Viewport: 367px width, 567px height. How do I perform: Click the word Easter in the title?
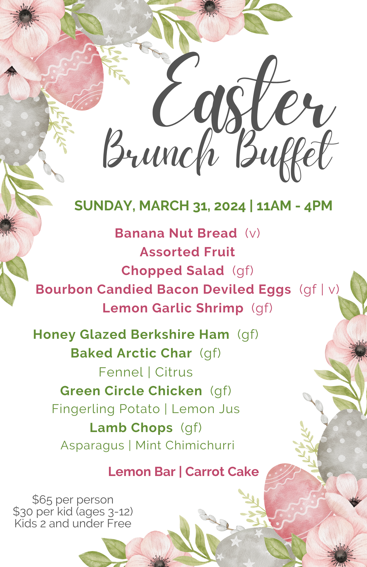tap(244, 94)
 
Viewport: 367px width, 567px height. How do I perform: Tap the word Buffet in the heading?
tap(286, 156)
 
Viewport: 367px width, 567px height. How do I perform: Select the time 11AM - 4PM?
tap(294, 206)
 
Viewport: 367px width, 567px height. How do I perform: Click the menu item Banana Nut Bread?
tap(176, 233)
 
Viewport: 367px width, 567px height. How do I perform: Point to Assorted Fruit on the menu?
tap(187, 252)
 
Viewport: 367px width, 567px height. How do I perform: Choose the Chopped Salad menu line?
tap(187, 271)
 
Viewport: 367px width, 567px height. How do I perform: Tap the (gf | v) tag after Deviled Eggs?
tap(319, 289)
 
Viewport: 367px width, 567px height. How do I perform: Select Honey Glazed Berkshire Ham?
tap(131, 335)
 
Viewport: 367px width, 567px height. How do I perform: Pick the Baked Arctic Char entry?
tap(131, 353)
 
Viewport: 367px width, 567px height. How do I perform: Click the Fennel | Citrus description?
tap(146, 372)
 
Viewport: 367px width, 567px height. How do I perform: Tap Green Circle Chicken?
tap(131, 391)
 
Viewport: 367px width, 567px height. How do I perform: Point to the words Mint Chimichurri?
tap(185, 445)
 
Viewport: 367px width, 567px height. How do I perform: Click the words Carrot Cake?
tap(222, 472)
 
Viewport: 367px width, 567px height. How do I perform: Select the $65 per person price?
tap(73, 500)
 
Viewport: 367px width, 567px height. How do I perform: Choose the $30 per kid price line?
tap(73, 512)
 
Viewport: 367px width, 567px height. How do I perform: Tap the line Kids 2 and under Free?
tap(73, 524)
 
